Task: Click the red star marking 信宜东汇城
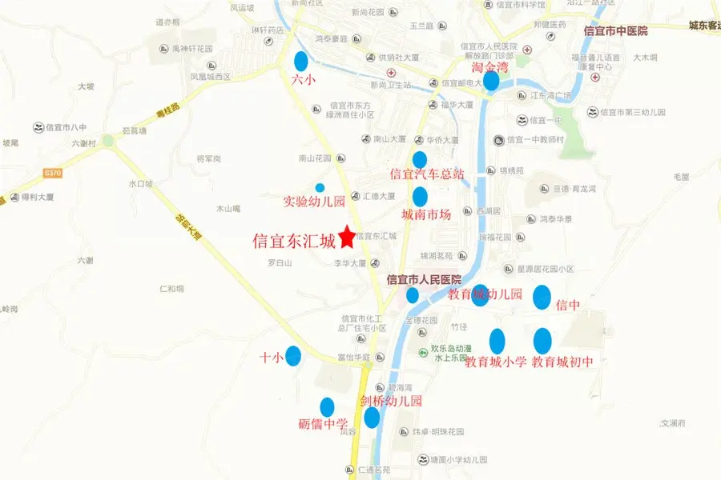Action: tap(347, 236)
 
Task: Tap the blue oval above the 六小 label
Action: tap(301, 61)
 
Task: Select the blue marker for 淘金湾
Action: tap(491, 80)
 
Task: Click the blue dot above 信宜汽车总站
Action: tap(420, 159)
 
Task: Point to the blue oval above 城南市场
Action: tap(420, 197)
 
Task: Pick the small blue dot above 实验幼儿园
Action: tap(320, 187)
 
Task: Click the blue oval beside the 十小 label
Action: tap(293, 355)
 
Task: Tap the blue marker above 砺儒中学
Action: tap(327, 407)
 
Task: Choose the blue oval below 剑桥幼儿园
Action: tap(372, 418)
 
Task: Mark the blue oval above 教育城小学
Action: tap(497, 342)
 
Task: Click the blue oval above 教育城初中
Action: tap(542, 341)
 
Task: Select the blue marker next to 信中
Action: tap(542, 297)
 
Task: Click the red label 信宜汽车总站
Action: tap(426, 174)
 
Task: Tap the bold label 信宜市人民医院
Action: tap(424, 279)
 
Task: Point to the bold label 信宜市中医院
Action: tap(615, 31)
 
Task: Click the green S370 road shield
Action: tap(53, 173)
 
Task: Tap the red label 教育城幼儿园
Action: tap(485, 294)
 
